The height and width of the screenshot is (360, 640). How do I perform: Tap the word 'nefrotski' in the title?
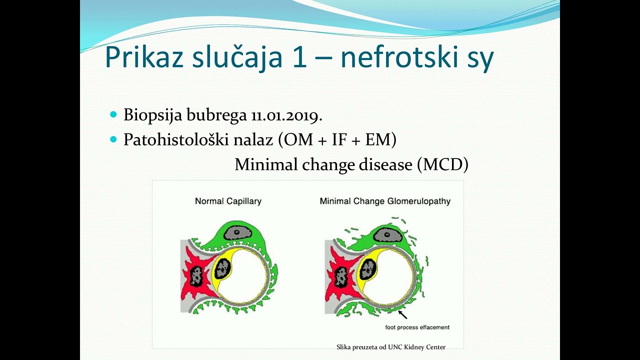pyautogui.click(x=396, y=58)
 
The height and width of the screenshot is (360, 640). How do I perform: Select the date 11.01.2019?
pyautogui.click(x=286, y=115)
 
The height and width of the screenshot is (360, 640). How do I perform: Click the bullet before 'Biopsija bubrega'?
pyautogui.click(x=112, y=115)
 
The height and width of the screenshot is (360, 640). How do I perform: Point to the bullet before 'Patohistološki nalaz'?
pyautogui.click(x=112, y=139)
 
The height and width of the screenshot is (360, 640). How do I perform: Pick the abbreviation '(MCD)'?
pyautogui.click(x=443, y=164)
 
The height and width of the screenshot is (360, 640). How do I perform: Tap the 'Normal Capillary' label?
pyautogui.click(x=228, y=201)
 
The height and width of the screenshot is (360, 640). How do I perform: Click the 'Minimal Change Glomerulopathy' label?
pyautogui.click(x=385, y=201)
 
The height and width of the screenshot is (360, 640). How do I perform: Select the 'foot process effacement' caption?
pyautogui.click(x=417, y=327)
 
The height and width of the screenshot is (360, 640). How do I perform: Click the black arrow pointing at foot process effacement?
pyautogui.click(x=402, y=314)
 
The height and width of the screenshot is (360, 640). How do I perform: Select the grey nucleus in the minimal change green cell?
pyautogui.click(x=386, y=234)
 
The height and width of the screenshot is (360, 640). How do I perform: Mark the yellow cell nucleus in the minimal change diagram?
pyautogui.click(x=368, y=270)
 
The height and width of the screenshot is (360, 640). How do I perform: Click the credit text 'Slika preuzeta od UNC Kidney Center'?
pyautogui.click(x=391, y=347)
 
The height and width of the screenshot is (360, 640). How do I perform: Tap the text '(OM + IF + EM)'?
pyautogui.click(x=337, y=140)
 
